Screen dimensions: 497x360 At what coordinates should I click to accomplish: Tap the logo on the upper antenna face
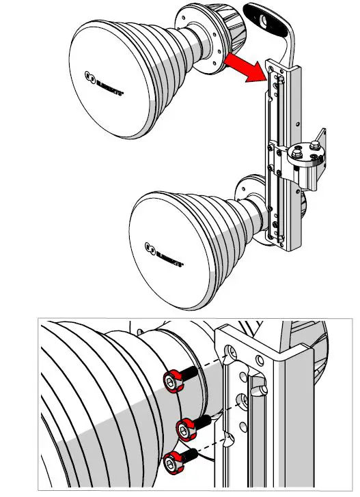tap(103, 76)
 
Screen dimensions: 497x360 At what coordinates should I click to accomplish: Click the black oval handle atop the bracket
tap(267, 20)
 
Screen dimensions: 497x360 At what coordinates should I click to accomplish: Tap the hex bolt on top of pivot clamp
tap(314, 145)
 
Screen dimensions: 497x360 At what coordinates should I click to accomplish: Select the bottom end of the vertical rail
tap(280, 240)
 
